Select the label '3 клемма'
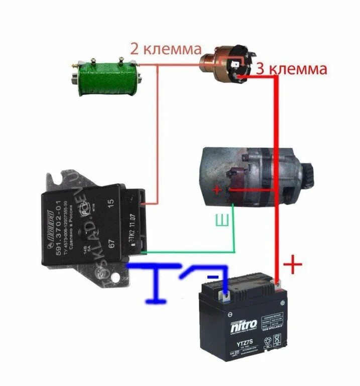[x=291, y=69]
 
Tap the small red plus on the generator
[x=217, y=190]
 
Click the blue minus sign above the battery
[x=213, y=276]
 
